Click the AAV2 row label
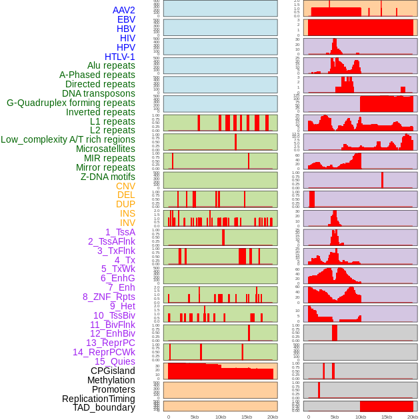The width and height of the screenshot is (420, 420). [x=123, y=10]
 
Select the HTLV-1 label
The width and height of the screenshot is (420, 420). [x=119, y=57]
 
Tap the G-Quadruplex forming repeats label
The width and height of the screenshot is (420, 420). [x=71, y=103]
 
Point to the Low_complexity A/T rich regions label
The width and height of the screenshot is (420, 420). [x=68, y=139]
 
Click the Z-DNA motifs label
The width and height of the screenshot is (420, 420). [x=107, y=177]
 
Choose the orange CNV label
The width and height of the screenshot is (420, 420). [x=125, y=186]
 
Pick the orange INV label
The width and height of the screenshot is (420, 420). [x=127, y=223]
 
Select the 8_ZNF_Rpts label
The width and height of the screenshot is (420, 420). [x=109, y=297]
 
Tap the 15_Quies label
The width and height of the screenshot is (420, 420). [x=114, y=361]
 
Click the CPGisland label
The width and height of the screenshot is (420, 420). [x=113, y=371]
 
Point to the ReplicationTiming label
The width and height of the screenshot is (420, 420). [x=99, y=399]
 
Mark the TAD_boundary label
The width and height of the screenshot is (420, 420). [x=103, y=407]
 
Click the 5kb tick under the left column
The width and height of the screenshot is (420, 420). [x=195, y=417]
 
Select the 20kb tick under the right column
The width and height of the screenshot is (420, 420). [x=413, y=417]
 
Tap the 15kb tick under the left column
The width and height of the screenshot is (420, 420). [x=247, y=417]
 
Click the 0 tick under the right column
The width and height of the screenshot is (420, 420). [x=308, y=417]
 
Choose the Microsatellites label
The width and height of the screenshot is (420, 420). [x=105, y=149]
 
